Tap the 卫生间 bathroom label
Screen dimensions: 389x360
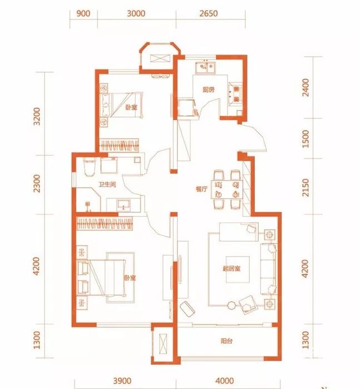107,184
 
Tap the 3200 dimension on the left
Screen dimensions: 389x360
37,117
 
